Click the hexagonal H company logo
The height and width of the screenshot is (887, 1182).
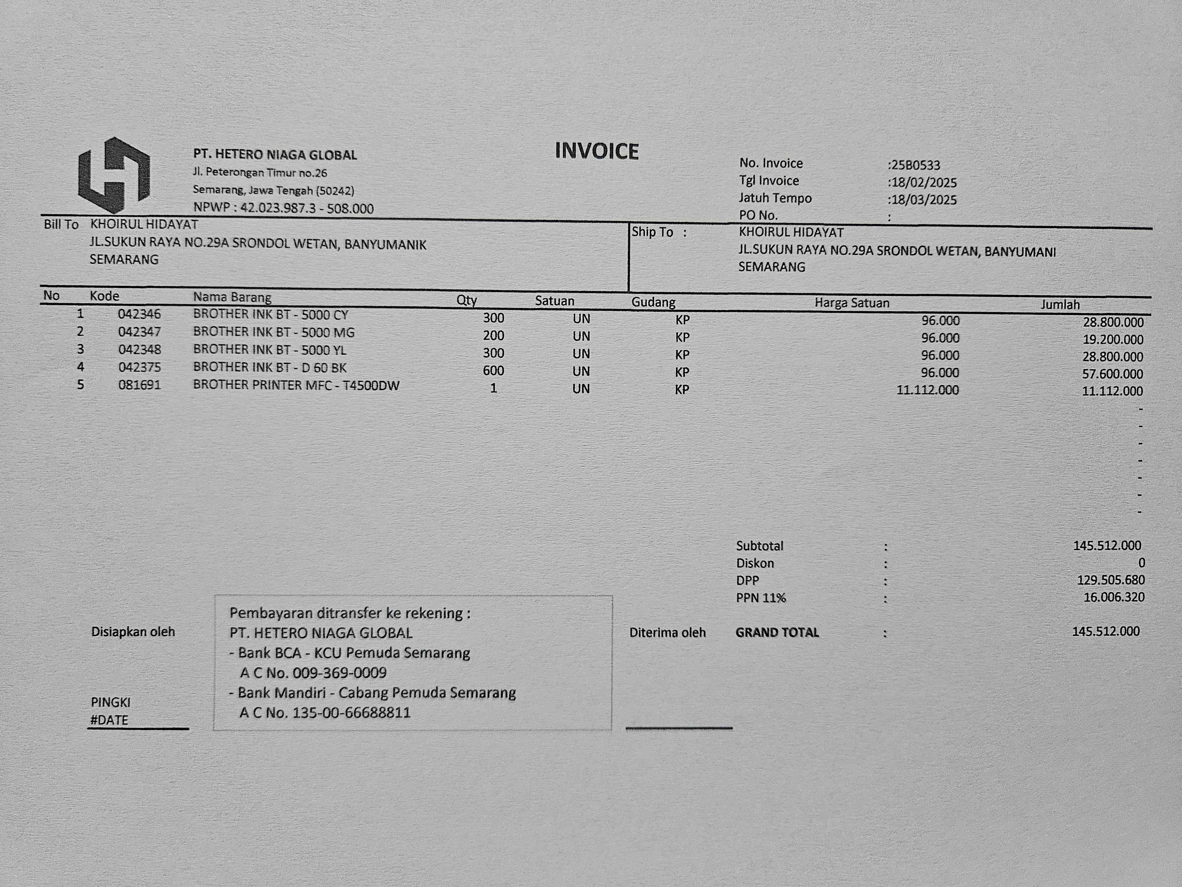pyautogui.click(x=114, y=175)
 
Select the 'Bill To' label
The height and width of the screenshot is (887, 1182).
pyautogui.click(x=61, y=224)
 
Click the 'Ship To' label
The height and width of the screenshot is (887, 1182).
pyautogui.click(x=652, y=232)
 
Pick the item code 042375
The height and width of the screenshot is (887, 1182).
pyautogui.click(x=139, y=367)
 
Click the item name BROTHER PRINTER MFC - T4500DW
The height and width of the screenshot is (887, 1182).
pyautogui.click(x=296, y=386)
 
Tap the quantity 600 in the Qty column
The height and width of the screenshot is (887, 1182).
pyautogui.click(x=493, y=370)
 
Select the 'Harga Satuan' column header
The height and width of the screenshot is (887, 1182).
pyautogui.click(x=852, y=303)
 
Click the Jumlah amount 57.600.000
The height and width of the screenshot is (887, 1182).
pyautogui.click(x=1113, y=374)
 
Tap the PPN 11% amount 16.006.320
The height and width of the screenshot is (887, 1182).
pyautogui.click(x=1114, y=597)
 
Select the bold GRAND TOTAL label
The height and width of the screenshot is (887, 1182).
pyautogui.click(x=777, y=632)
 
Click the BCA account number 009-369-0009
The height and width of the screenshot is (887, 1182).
pyautogui.click(x=339, y=673)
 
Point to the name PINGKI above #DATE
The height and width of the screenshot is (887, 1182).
pyautogui.click(x=111, y=702)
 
